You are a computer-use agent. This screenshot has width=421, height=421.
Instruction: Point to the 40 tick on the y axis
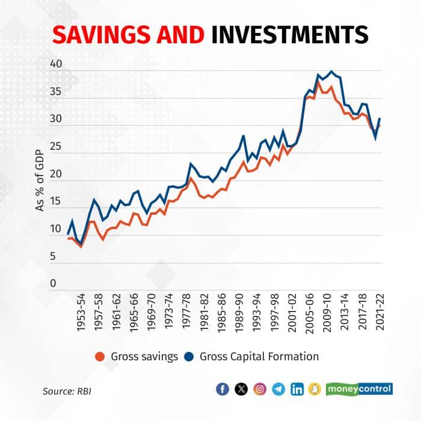point(56,63)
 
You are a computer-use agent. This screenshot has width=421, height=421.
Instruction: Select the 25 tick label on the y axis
point(56,146)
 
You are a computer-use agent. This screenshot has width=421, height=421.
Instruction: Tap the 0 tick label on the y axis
point(53,283)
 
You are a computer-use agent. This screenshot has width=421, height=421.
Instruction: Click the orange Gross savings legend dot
point(101,357)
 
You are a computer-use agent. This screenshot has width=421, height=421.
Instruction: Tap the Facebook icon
point(223,389)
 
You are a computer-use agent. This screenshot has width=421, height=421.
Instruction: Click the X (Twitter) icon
point(241,389)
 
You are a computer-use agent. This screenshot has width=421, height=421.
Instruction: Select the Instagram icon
point(260,389)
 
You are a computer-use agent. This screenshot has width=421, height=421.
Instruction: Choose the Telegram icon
point(278,389)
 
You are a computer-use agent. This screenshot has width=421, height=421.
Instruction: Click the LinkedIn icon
point(297,389)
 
